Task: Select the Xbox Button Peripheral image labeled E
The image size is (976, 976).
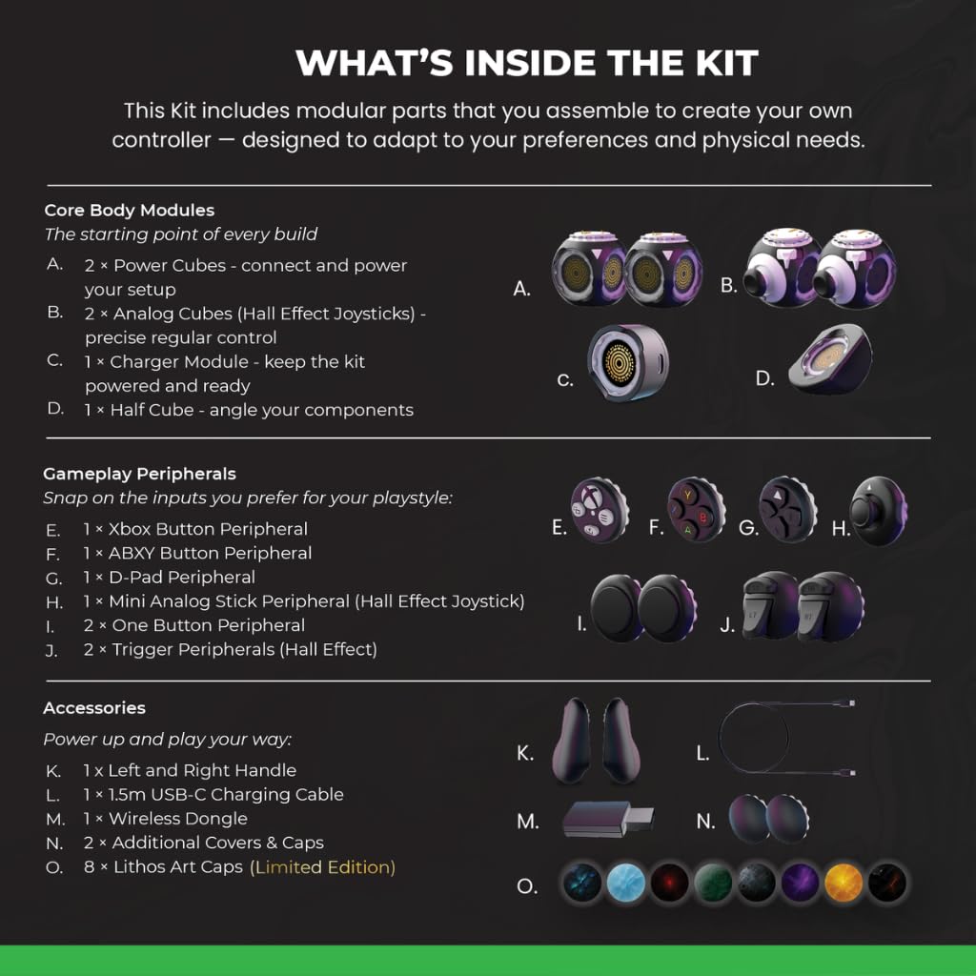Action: pyautogui.click(x=600, y=509)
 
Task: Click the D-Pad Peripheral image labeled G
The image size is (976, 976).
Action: pyautogui.click(x=788, y=509)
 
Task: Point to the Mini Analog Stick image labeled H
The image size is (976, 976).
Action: pyautogui.click(x=878, y=511)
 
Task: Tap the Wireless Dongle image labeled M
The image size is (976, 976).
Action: pyautogui.click(x=608, y=820)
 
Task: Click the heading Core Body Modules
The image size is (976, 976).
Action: pyautogui.click(x=129, y=211)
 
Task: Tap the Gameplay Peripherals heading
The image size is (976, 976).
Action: pyautogui.click(x=139, y=474)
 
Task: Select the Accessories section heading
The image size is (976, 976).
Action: pyautogui.click(x=94, y=708)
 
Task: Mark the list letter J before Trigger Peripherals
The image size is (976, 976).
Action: pyautogui.click(x=51, y=651)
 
